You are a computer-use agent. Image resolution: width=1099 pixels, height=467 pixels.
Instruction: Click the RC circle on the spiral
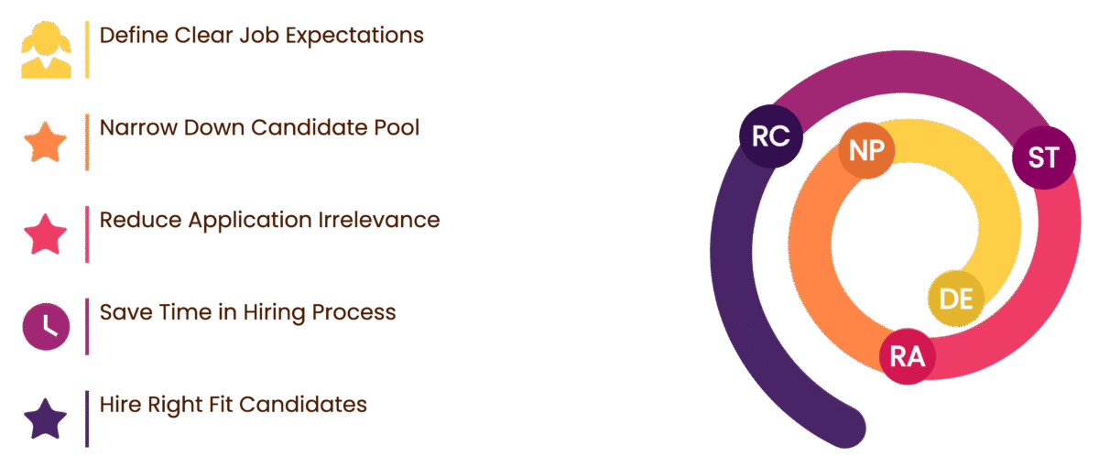(x=771, y=136)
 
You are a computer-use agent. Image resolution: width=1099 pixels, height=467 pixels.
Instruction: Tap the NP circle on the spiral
(x=866, y=151)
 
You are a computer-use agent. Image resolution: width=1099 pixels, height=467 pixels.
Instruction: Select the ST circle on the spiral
(x=1043, y=157)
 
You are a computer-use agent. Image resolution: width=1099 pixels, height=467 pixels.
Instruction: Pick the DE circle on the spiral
(x=956, y=299)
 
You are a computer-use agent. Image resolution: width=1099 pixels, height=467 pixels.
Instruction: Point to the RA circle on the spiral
(x=908, y=356)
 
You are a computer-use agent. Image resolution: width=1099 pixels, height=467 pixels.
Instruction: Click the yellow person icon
(x=45, y=50)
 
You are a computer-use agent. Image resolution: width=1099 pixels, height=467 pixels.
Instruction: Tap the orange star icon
(x=45, y=143)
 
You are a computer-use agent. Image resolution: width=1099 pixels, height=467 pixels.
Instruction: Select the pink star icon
(x=45, y=234)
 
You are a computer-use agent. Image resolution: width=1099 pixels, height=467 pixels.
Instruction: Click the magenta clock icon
(x=45, y=327)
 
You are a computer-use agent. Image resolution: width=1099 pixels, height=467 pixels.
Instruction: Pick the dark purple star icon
(x=45, y=419)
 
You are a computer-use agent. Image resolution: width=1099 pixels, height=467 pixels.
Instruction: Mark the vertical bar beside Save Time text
(x=87, y=326)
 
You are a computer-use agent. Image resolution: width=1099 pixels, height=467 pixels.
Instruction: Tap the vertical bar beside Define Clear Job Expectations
(x=87, y=49)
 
